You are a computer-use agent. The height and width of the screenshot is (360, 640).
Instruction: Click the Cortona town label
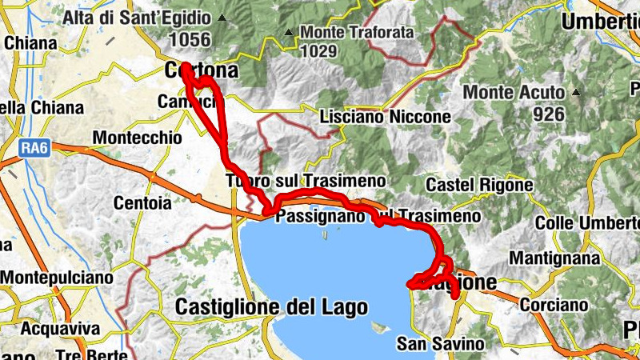tap(201, 71)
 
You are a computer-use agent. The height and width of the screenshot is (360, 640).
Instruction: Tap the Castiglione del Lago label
tap(271, 306)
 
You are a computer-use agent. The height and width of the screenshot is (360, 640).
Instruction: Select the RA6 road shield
tap(33, 147)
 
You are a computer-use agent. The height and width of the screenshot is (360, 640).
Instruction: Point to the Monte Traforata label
tap(357, 33)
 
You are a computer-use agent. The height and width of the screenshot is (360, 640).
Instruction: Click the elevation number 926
tap(549, 114)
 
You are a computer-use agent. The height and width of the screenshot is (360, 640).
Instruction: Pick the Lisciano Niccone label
tap(385, 117)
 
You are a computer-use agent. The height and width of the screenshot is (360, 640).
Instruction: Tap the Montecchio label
tap(138, 138)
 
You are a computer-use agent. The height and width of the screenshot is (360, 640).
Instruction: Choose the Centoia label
tap(142, 203)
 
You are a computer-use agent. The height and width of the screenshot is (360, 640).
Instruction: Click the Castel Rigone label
tap(479, 186)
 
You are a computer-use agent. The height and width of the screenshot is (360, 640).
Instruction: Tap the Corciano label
tap(549, 305)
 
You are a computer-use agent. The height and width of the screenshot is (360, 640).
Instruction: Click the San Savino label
tap(441, 344)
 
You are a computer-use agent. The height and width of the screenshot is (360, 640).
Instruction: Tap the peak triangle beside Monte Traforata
tap(289, 33)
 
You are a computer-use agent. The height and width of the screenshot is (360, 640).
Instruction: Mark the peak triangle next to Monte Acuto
tap(575, 92)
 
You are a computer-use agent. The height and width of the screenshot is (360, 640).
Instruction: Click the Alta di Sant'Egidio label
tap(137, 18)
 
